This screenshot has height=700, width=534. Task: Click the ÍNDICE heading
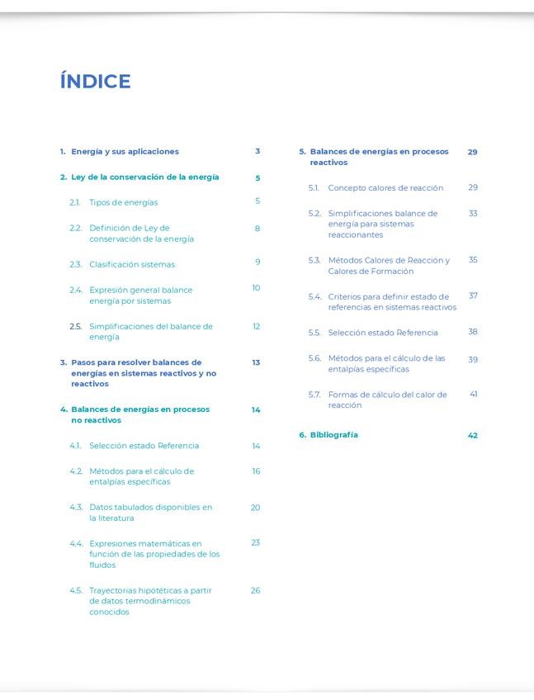click(x=95, y=81)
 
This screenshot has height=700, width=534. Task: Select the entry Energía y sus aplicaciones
click(x=125, y=152)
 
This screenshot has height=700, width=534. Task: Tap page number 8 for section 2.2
click(x=258, y=228)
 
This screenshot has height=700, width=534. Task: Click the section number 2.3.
click(x=75, y=264)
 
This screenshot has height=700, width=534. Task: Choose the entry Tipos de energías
click(x=123, y=202)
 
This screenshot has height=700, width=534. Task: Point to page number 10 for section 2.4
click(x=256, y=288)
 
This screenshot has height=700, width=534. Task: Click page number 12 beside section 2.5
click(x=257, y=326)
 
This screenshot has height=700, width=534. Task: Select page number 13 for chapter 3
click(x=256, y=362)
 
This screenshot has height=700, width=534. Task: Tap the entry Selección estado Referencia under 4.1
click(x=144, y=446)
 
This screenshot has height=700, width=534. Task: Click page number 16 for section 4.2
click(x=256, y=471)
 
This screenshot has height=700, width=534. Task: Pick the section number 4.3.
click(x=76, y=508)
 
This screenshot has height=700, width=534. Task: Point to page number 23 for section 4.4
click(x=256, y=542)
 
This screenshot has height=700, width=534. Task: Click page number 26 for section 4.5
click(x=256, y=590)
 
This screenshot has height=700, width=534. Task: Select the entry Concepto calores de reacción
click(x=385, y=188)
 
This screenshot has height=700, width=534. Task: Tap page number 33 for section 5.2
click(x=473, y=213)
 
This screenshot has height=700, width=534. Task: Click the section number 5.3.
click(x=314, y=261)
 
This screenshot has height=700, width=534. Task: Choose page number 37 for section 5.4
click(x=473, y=296)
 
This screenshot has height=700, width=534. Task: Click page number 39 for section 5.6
click(x=473, y=359)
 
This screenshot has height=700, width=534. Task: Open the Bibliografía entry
click(x=334, y=435)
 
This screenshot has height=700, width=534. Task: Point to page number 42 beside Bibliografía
click(x=473, y=435)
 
